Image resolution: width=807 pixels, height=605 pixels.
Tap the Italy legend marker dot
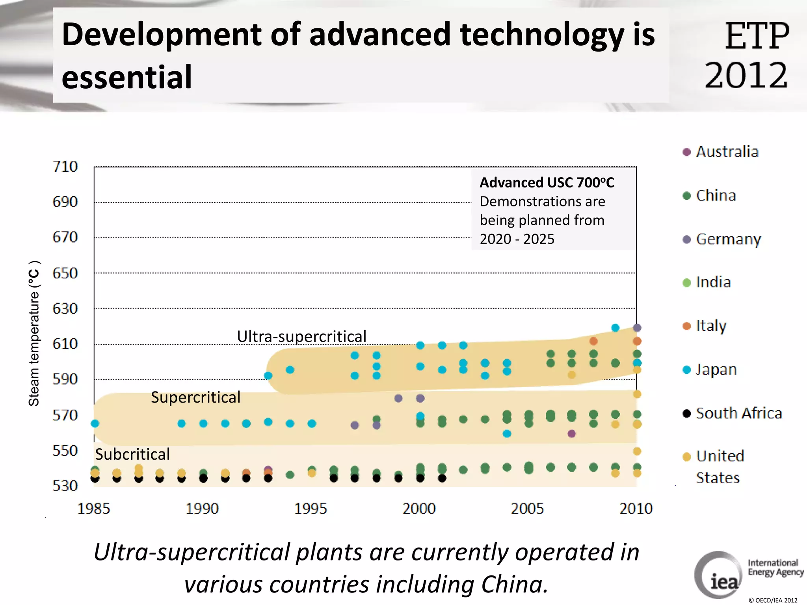click(x=687, y=326)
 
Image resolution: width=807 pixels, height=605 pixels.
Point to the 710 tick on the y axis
click(x=65, y=167)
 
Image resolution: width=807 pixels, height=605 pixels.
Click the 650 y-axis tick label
click(x=65, y=273)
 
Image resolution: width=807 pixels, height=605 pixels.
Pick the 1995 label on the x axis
click(x=311, y=508)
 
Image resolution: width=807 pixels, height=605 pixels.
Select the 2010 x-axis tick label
click(x=636, y=508)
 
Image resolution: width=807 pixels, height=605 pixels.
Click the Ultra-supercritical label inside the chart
click(x=301, y=337)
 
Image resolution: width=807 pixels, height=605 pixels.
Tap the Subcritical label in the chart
click(x=132, y=455)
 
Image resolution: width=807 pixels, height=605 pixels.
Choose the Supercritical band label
click(x=195, y=397)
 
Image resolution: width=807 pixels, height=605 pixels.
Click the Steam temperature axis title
click(x=34, y=333)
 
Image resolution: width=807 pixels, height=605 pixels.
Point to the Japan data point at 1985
click(x=95, y=423)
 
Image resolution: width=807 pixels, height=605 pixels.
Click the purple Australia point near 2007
click(x=572, y=434)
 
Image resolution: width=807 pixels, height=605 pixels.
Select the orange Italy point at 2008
click(x=593, y=341)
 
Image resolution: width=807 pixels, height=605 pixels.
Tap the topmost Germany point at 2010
click(x=637, y=327)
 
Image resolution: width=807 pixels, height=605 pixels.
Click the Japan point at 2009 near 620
click(x=615, y=327)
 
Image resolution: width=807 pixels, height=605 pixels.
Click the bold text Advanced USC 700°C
click(x=547, y=183)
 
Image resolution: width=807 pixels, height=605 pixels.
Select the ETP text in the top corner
click(x=757, y=36)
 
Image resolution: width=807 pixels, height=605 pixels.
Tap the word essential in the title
click(x=127, y=77)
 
